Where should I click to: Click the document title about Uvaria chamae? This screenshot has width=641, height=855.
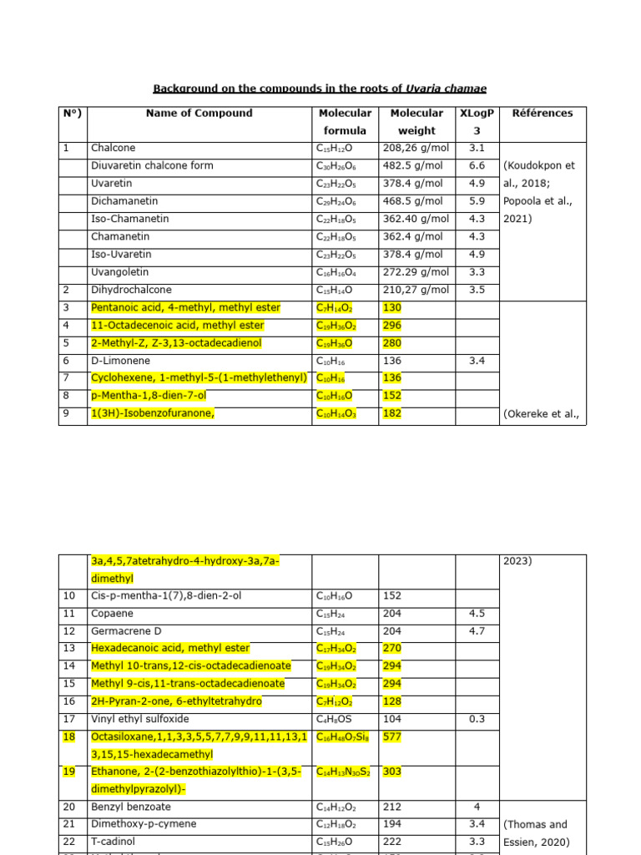(320, 89)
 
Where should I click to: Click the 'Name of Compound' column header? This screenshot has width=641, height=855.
(199, 114)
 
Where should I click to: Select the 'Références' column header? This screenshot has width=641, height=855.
(542, 114)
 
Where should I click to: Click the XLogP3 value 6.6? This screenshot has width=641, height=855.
(477, 166)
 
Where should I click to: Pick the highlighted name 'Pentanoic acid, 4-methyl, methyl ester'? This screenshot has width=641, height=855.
(185, 308)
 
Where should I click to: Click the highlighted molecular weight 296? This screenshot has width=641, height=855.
(391, 326)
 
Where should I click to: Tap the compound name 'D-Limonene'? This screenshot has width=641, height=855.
(118, 361)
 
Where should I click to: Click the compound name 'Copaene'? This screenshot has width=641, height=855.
(110, 613)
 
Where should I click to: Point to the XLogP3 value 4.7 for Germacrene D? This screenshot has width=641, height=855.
(477, 630)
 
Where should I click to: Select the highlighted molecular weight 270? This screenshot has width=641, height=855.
(391, 648)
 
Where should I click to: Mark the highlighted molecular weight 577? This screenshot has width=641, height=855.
(391, 736)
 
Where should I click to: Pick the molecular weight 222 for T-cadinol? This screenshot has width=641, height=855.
(391, 842)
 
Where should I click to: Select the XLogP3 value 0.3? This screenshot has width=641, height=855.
(477, 719)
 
